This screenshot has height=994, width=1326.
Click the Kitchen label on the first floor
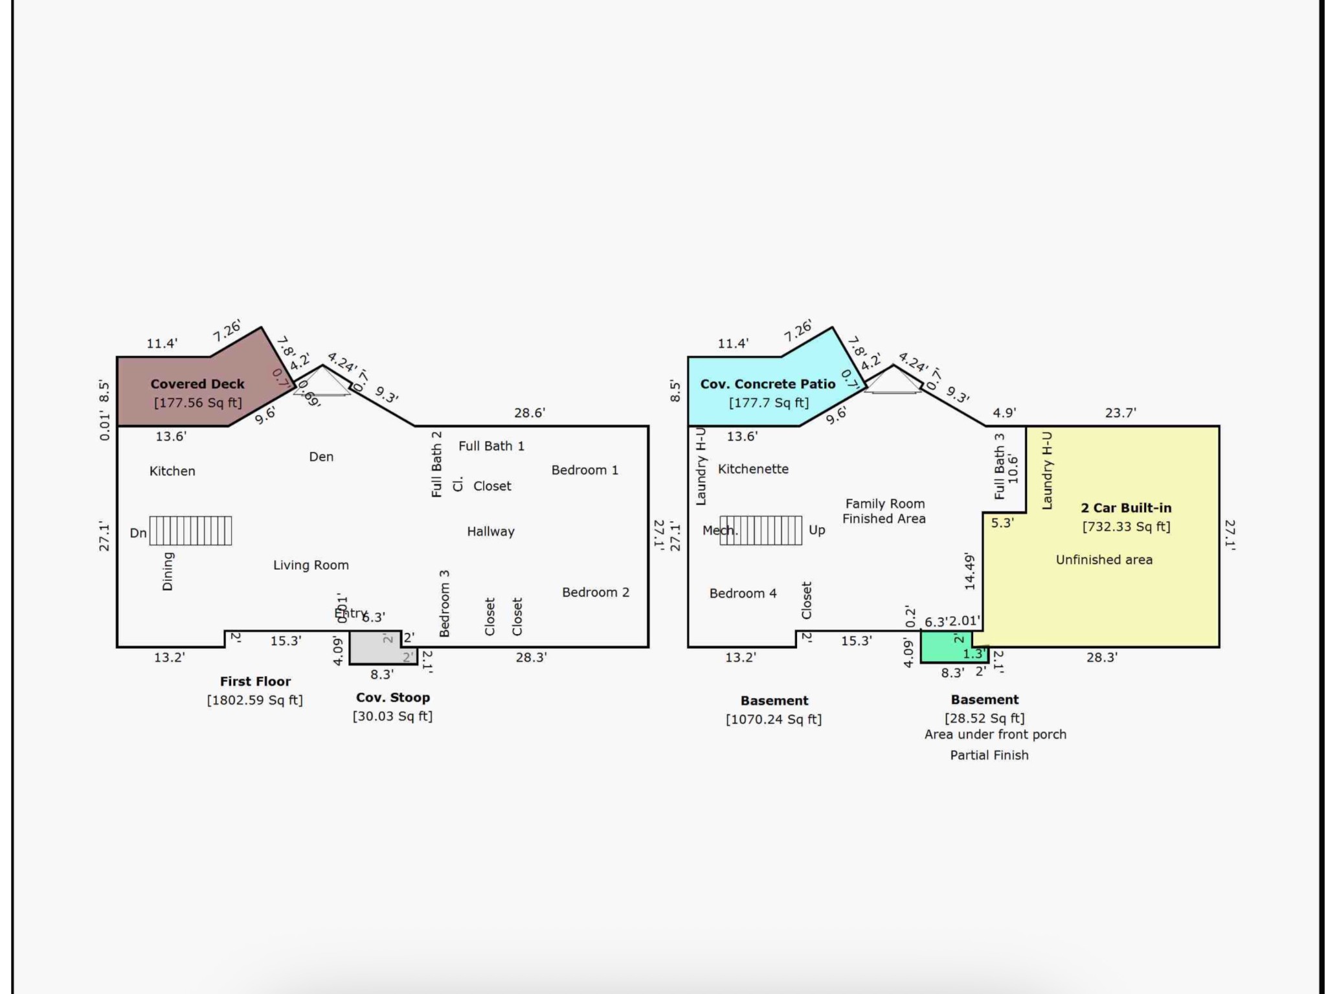pos(172,471)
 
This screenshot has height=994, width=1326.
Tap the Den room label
pos(321,457)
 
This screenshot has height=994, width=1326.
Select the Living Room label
pos(311,565)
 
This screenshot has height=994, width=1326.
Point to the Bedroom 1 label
pos(585,470)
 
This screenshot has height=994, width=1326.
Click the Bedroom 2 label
pos(595,593)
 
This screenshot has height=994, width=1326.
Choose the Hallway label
pos(491,532)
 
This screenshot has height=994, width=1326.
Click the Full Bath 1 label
pos(491,446)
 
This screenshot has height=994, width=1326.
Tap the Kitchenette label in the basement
pos(753,469)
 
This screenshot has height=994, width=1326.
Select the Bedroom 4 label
pos(743,594)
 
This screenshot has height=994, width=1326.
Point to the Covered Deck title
pos(197,384)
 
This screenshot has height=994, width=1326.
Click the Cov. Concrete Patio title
pos(768,384)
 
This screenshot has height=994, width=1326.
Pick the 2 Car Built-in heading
pos(1126,508)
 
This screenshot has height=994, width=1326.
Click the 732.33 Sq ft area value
pos(1126,526)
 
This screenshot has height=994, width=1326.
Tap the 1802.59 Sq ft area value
pos(255,700)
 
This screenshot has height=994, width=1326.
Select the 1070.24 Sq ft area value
pos(774,719)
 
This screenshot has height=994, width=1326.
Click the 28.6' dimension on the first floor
pos(530,413)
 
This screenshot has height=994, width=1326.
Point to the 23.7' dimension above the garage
pos(1121,413)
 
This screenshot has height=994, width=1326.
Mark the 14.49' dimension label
pos(969,571)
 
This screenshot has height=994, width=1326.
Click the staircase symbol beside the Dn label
pos(190,531)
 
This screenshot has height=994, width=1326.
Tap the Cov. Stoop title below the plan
pos(393,698)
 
